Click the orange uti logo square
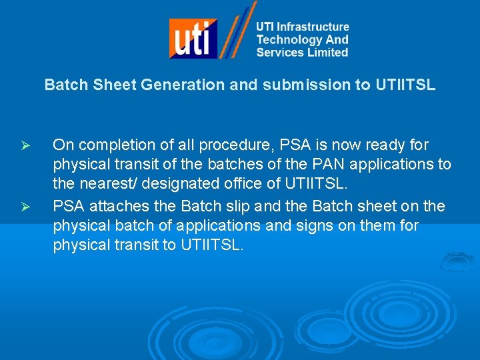[193, 38]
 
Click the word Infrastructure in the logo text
[313, 27]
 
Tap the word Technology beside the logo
[286, 40]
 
